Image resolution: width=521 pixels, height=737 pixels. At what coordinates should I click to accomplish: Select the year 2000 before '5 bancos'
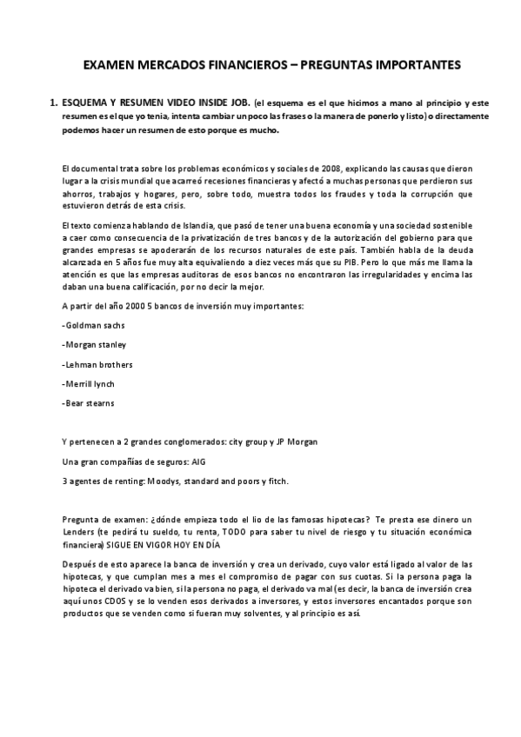click(x=123, y=305)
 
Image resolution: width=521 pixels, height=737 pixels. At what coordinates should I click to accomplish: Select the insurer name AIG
click(x=197, y=461)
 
